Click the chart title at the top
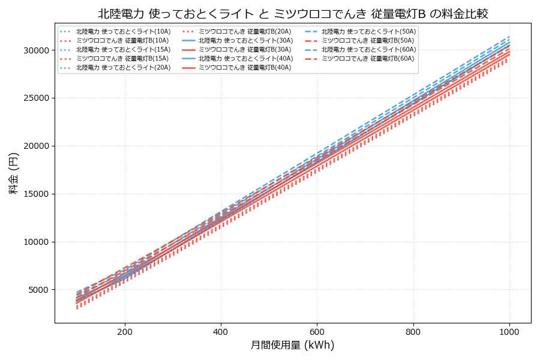tap(293, 14)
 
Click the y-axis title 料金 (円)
tap(13, 173)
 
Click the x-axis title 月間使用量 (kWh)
tap(292, 345)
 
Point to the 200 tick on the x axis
tap(125, 331)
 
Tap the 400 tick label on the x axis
tap(221, 331)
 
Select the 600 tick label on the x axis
tap(317, 331)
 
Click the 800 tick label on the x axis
tap(413, 331)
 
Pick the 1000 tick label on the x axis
tap(509, 331)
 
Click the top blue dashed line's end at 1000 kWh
tap(509, 36)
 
